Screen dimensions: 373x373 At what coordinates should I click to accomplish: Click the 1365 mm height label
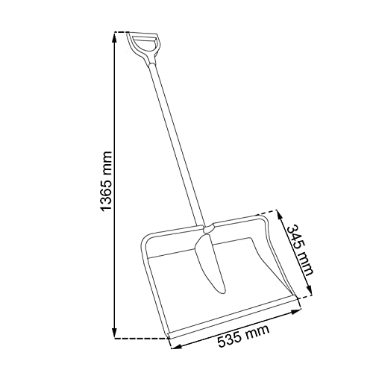(x=106, y=181)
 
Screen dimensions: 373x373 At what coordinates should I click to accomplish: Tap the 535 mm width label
(x=243, y=336)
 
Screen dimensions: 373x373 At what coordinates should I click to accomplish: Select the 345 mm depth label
(x=300, y=250)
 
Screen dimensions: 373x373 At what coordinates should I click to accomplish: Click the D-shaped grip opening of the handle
(x=144, y=44)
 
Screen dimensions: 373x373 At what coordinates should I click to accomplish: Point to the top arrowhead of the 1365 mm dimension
(x=114, y=37)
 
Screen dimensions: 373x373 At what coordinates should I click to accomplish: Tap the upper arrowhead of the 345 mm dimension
(x=279, y=216)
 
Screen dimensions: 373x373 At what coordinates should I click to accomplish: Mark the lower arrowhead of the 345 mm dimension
(x=309, y=290)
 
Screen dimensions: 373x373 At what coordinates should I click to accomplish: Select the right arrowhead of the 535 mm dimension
(x=296, y=311)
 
